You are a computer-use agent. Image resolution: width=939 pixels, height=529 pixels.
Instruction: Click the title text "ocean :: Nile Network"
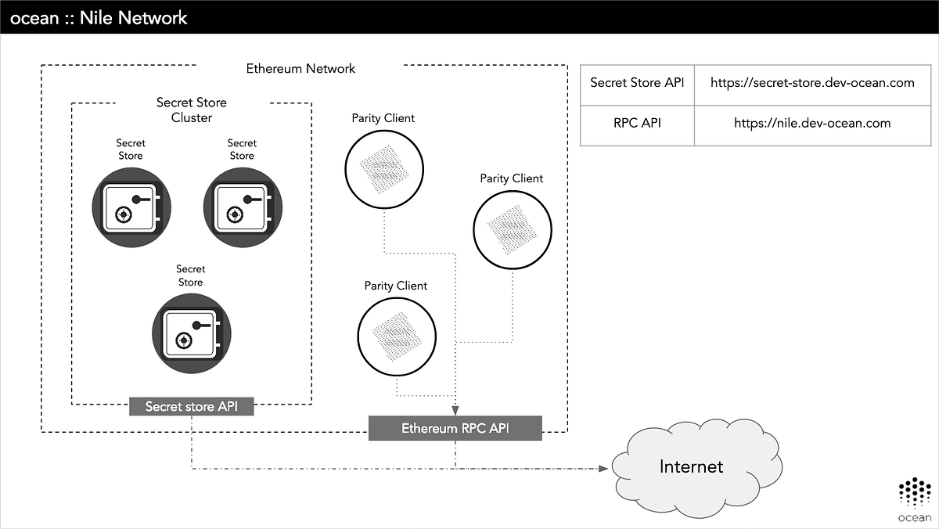99,16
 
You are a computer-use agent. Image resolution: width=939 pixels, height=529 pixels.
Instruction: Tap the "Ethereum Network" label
300,68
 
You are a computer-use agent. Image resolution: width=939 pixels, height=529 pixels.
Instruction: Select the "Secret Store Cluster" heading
192,110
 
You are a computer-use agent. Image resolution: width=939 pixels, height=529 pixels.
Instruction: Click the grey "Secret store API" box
192,407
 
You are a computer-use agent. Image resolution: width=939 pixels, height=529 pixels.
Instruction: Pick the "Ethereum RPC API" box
455,428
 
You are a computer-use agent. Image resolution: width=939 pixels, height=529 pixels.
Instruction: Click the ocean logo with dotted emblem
914,501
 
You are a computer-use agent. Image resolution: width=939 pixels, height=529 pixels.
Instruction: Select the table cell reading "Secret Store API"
637,83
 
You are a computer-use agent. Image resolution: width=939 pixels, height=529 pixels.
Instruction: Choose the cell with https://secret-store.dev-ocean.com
812,83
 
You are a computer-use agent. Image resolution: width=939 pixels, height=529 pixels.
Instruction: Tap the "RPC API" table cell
637,123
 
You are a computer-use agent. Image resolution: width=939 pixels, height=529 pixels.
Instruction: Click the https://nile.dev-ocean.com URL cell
812,123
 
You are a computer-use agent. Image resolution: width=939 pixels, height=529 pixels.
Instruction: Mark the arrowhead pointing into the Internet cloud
603,469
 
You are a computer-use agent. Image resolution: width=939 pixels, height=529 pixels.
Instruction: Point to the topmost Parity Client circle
383,168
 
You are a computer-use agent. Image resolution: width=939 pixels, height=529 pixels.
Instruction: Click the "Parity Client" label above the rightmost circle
512,178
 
